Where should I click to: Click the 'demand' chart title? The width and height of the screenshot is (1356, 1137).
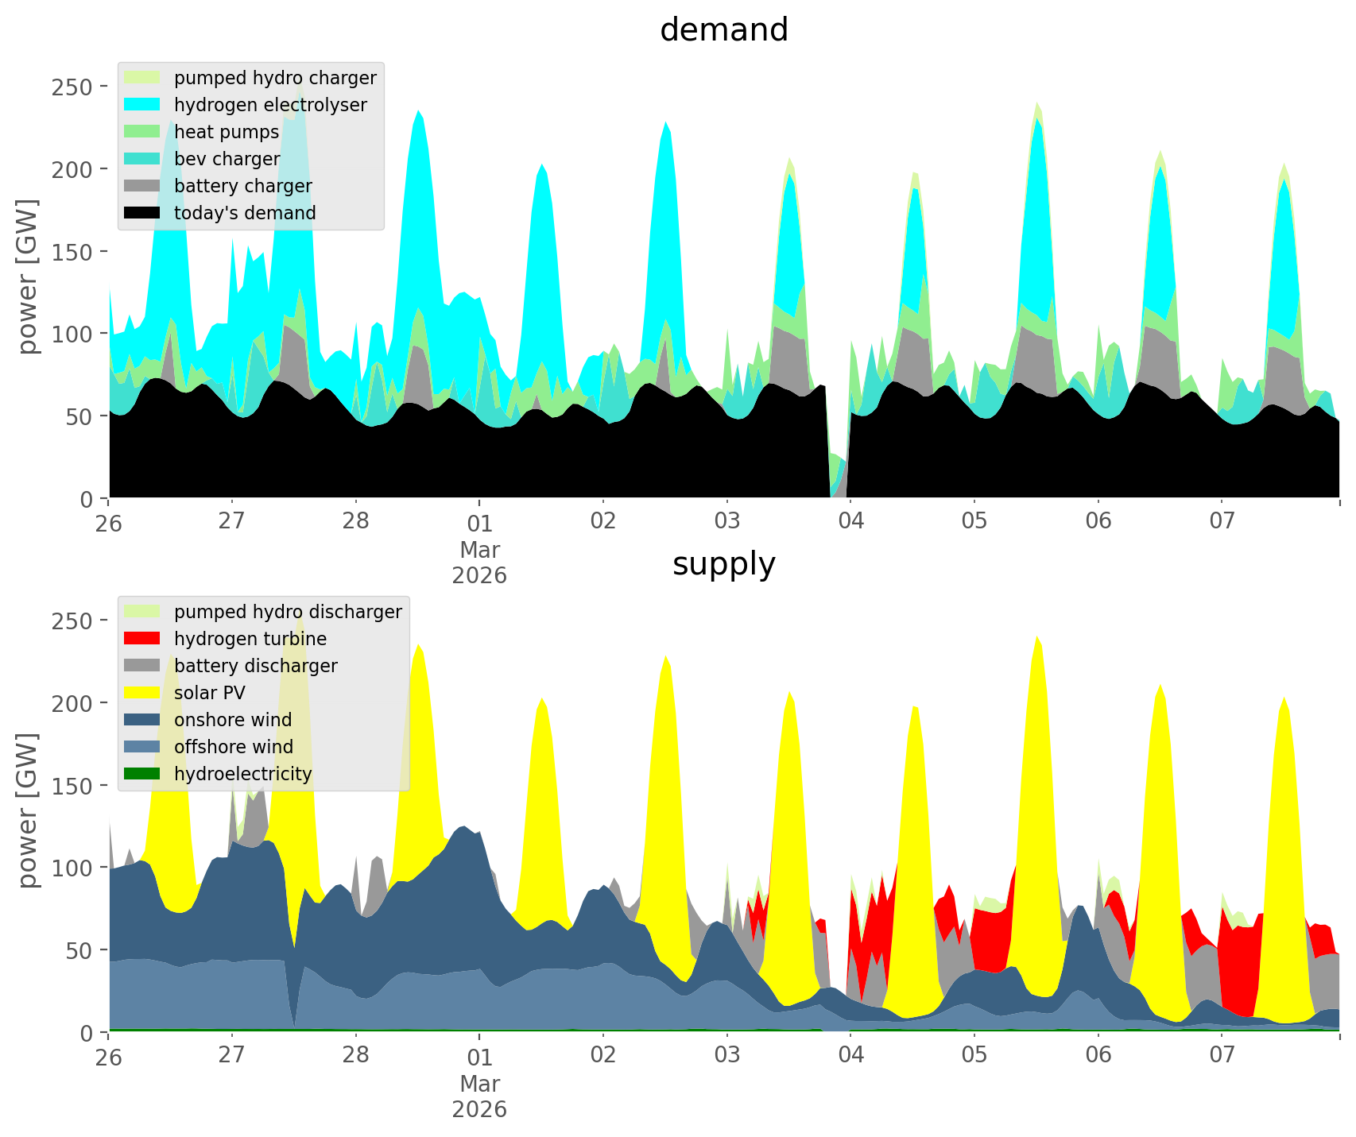[x=723, y=30]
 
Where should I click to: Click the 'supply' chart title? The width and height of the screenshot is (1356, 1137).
[x=723, y=564]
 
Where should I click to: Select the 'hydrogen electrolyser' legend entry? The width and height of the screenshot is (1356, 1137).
[x=270, y=105]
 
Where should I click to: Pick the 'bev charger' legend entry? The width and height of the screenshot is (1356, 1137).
[x=227, y=159]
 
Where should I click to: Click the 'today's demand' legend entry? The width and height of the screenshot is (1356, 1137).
[x=245, y=213]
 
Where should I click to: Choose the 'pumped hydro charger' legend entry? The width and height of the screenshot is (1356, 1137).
[x=275, y=78]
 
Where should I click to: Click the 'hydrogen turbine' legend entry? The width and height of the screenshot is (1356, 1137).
[x=250, y=639]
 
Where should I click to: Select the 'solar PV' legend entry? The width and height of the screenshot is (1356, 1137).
[x=210, y=693]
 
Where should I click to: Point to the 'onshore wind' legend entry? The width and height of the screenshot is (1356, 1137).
[x=233, y=720]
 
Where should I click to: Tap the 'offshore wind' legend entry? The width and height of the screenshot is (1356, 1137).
[x=234, y=747]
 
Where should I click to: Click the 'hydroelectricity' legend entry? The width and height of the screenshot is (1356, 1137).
[x=242, y=774]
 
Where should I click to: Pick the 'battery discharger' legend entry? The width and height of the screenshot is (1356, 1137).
[x=256, y=666]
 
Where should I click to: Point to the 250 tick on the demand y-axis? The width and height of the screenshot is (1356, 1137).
[x=73, y=87]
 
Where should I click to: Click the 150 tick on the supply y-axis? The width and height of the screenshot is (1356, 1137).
[x=73, y=785]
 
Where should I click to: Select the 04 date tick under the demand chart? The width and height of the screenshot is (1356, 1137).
[x=850, y=522]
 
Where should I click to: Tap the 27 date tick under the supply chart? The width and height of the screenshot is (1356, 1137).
[x=231, y=1056]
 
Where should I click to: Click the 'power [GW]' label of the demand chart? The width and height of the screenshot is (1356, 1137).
[x=28, y=277]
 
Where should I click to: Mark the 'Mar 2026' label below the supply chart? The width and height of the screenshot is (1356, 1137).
[x=479, y=1096]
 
